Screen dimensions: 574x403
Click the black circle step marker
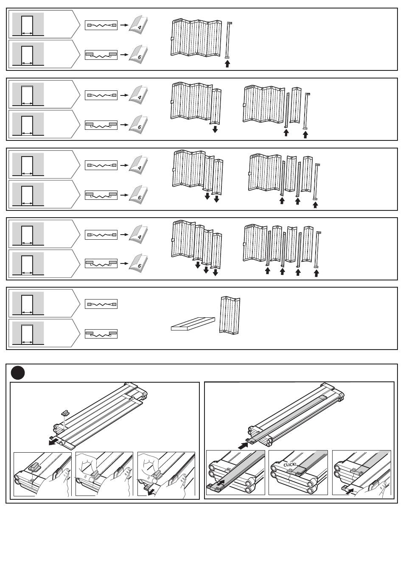(x=18, y=373)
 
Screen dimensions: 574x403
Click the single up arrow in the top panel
(x=227, y=64)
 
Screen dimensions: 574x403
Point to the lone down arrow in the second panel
(x=215, y=129)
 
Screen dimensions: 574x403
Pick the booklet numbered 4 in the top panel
(x=138, y=25)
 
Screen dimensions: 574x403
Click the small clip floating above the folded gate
(x=65, y=413)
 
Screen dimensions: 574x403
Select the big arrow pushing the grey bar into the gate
(x=243, y=446)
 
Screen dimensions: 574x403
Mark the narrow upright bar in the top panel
(x=229, y=40)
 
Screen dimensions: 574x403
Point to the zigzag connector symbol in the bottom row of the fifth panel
(x=101, y=334)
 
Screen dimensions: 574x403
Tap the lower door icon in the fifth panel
(x=28, y=334)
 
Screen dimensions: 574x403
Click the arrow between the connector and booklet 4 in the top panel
(x=123, y=25)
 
